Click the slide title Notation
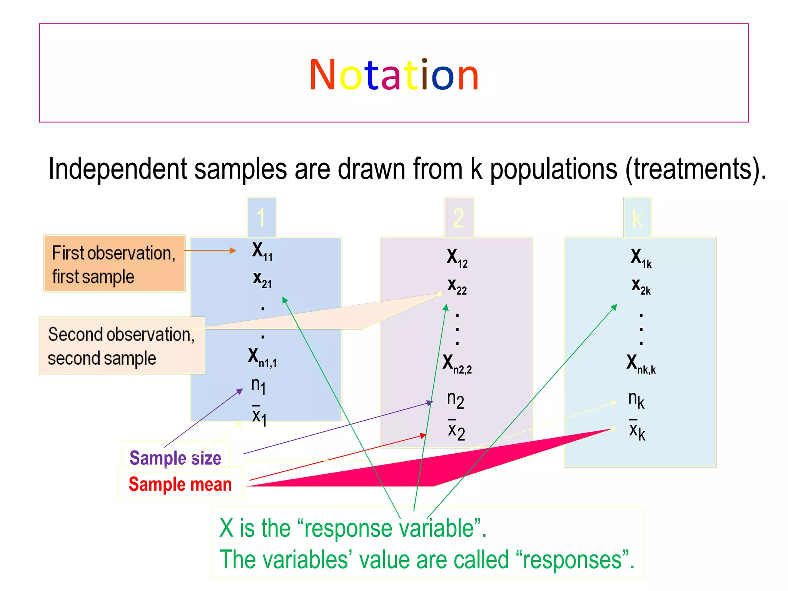(394, 75)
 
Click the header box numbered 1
(262, 217)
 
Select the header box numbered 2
(458, 218)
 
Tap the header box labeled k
(637, 218)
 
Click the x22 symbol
(457, 286)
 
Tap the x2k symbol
(641, 286)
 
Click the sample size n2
(456, 400)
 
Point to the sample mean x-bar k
(637, 430)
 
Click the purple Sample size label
(175, 458)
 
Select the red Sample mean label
(180, 484)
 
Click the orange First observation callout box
(114, 264)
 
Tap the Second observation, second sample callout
(122, 346)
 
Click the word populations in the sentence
(553, 169)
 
